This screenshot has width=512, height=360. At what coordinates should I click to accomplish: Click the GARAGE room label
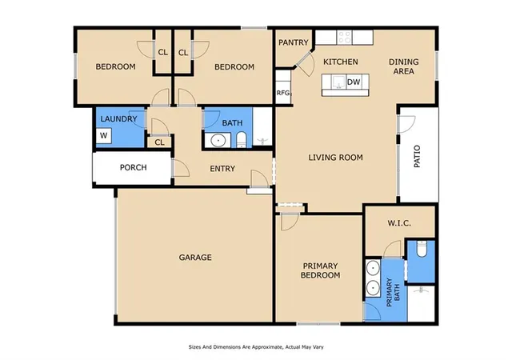click(195, 258)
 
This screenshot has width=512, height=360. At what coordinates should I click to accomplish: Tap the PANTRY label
click(294, 42)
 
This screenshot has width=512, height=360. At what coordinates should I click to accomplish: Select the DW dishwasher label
click(354, 82)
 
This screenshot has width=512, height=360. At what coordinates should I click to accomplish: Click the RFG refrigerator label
click(283, 93)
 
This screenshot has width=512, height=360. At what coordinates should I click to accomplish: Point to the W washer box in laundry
click(104, 135)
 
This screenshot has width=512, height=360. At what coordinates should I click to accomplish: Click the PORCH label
click(134, 167)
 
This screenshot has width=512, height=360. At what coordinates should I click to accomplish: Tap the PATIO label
click(417, 157)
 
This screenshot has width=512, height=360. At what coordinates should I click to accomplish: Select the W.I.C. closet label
click(399, 223)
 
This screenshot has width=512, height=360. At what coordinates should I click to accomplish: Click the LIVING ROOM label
click(336, 158)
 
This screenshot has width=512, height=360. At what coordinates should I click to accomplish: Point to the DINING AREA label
click(403, 66)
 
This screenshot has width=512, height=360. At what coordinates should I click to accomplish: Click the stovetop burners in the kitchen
click(345, 38)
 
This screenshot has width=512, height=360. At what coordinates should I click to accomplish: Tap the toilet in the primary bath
click(422, 249)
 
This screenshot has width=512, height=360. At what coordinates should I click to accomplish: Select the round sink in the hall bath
click(217, 141)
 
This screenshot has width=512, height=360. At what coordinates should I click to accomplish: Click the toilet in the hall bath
click(241, 140)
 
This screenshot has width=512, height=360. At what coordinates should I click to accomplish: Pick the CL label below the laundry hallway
click(159, 142)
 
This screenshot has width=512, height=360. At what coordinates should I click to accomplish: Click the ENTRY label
click(222, 169)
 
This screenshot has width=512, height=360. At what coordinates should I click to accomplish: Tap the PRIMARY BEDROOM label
click(320, 270)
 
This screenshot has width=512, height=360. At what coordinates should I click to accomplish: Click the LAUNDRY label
click(118, 119)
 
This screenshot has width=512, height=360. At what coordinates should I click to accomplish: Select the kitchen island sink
click(338, 82)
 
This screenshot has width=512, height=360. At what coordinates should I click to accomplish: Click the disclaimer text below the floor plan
click(256, 347)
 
